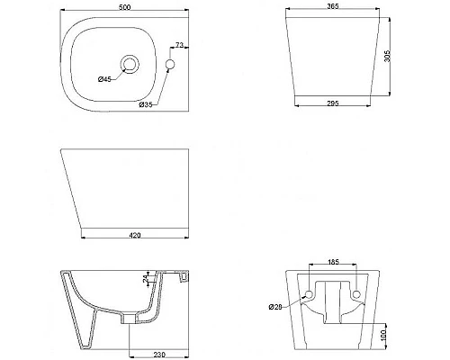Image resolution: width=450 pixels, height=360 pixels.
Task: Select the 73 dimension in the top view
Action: (x=179, y=45)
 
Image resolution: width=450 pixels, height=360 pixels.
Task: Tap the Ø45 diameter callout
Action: (x=104, y=80)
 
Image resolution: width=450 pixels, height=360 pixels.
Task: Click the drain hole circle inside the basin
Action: (x=131, y=63)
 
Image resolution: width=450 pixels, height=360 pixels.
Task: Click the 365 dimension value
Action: (x=332, y=7)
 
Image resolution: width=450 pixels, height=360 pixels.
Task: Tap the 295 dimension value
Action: (x=332, y=103)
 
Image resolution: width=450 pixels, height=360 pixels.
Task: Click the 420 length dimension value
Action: (x=134, y=236)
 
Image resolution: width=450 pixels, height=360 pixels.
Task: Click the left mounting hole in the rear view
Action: (x=310, y=296)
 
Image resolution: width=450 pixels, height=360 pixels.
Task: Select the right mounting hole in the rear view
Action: (x=357, y=296)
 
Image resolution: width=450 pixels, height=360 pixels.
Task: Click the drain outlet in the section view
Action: (x=131, y=319)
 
